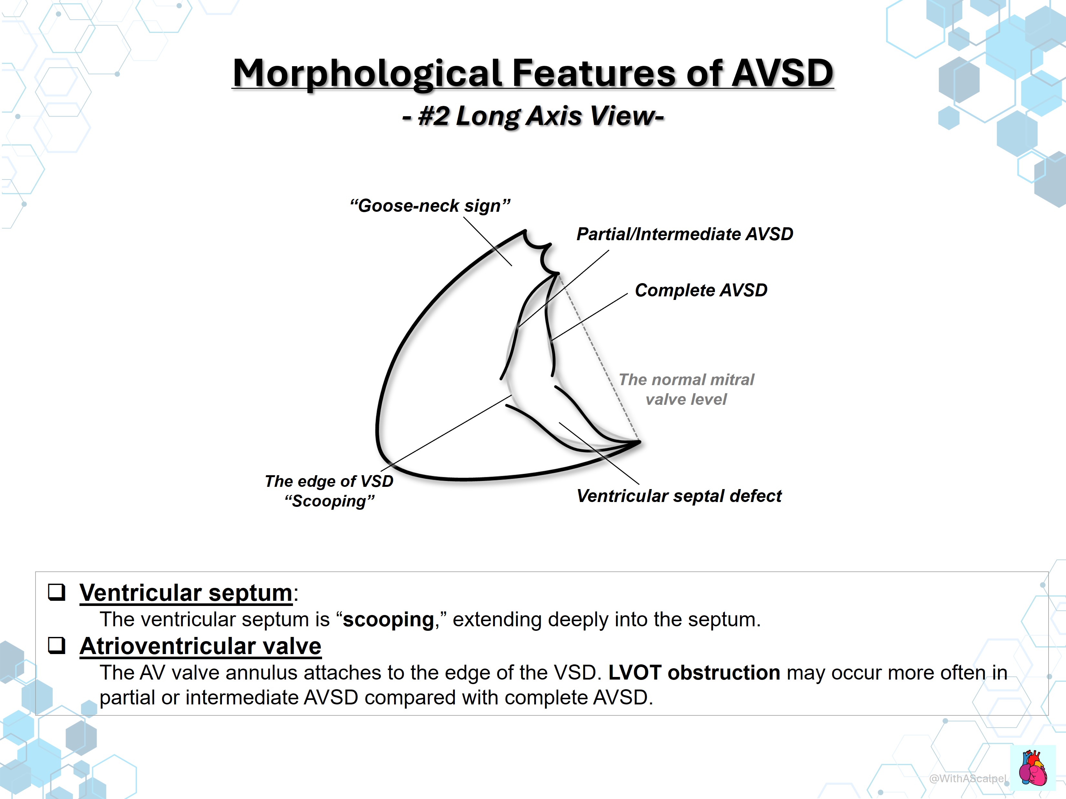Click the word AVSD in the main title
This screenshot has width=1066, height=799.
(x=783, y=73)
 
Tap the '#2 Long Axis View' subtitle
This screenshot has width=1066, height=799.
(x=533, y=116)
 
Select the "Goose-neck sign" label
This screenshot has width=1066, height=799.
(x=430, y=206)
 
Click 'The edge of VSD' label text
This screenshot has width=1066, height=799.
(x=329, y=481)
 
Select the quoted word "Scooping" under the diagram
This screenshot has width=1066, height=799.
(x=329, y=501)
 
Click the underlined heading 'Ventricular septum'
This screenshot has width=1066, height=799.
(x=186, y=593)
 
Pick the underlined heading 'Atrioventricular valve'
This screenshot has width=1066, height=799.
(x=201, y=646)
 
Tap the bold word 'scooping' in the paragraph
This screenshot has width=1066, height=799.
(x=388, y=620)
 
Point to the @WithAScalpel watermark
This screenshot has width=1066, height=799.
(x=968, y=778)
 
